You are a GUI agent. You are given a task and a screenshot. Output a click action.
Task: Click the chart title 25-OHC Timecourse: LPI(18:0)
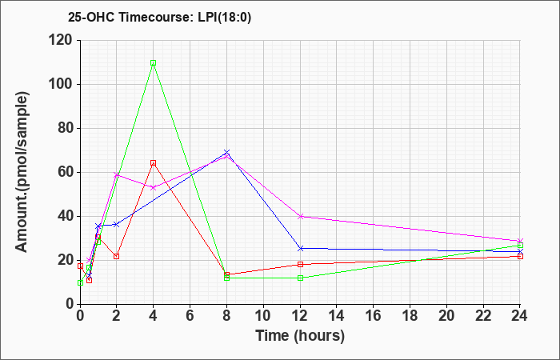click(160, 18)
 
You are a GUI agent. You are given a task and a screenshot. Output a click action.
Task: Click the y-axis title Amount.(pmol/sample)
click(22, 172)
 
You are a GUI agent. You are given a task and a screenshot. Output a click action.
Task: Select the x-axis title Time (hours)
click(300, 336)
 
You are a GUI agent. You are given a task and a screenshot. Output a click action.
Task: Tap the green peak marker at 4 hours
click(154, 63)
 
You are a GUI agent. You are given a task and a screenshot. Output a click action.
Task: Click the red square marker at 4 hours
click(154, 163)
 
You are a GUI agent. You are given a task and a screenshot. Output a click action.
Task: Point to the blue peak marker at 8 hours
click(226, 153)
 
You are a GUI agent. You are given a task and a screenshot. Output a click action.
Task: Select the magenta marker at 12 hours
click(300, 217)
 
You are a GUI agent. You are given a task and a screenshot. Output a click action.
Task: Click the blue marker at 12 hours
click(300, 248)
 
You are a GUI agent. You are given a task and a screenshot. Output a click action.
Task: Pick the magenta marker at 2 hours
click(117, 175)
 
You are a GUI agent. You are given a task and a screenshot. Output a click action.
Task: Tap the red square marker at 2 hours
click(117, 257)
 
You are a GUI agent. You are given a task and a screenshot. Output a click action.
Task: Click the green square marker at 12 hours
click(300, 278)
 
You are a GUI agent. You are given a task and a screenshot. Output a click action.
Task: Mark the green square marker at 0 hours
click(80, 283)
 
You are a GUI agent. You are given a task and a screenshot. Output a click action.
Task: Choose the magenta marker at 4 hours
click(154, 187)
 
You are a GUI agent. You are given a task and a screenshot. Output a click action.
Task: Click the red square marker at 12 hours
click(300, 264)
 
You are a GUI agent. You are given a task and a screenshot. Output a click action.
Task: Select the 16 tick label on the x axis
click(374, 316)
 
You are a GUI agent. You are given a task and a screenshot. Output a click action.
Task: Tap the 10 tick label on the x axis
click(263, 316)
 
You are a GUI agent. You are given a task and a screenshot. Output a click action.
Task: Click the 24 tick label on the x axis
click(519, 316)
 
